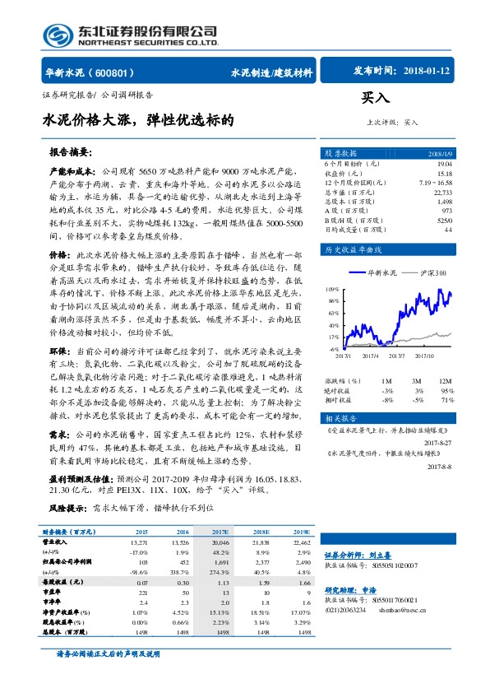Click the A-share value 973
[446, 210]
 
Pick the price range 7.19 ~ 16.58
[435, 183]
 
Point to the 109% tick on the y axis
[332, 290]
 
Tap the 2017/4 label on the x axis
[370, 356]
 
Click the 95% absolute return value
[449, 390]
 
